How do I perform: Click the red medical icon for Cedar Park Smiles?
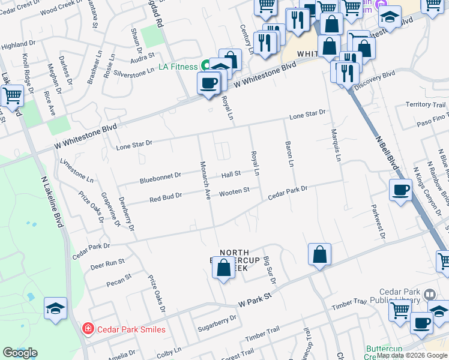88,329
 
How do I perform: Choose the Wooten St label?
234,191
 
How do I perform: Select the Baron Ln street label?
289,155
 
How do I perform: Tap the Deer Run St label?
107,263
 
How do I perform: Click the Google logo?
20,353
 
